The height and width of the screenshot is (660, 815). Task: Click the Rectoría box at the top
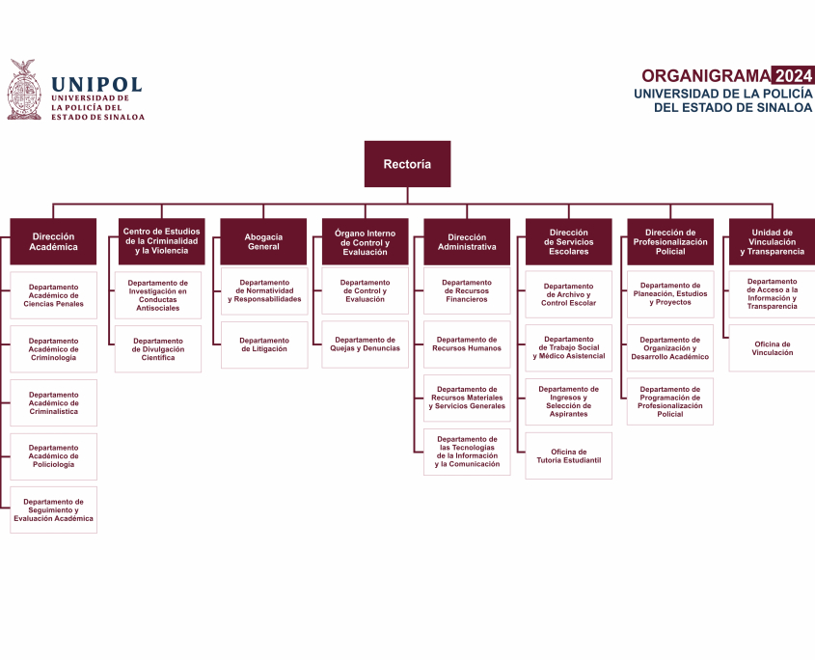tap(407, 164)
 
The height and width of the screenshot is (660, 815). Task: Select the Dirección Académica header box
tap(53, 241)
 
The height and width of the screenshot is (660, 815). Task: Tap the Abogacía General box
tap(263, 241)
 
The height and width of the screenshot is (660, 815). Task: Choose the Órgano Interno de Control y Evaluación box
tap(365, 241)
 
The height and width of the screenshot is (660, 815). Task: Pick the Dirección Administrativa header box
tap(467, 241)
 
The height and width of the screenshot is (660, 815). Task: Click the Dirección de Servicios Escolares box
tap(568, 241)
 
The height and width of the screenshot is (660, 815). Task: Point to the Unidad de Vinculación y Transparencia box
tap(772, 241)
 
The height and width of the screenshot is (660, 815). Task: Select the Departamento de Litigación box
tap(264, 344)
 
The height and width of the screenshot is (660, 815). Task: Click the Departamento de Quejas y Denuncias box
tap(365, 344)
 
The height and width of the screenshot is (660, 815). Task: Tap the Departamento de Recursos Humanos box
tap(467, 344)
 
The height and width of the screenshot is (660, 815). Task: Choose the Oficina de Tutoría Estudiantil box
tap(568, 456)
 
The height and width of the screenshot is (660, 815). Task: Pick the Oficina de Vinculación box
tap(772, 348)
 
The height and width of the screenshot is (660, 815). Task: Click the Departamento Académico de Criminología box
tap(53, 349)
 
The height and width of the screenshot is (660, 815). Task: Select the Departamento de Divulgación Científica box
tap(158, 349)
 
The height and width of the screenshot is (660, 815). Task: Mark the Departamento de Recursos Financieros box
tap(467, 291)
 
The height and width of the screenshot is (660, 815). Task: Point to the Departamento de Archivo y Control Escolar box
tap(568, 294)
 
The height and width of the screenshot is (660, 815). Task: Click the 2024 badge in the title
tap(793, 76)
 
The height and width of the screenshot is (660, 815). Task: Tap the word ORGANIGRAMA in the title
tap(705, 76)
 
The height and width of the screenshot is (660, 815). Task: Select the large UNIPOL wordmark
tap(96, 85)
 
